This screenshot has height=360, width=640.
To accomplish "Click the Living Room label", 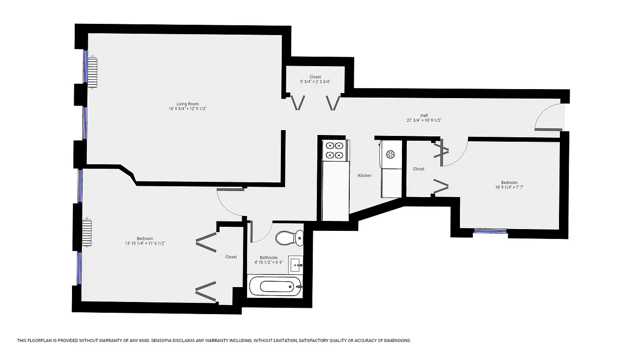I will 187,104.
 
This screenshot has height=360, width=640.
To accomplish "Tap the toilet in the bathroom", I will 289,238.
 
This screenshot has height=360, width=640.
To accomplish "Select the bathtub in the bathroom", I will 275,286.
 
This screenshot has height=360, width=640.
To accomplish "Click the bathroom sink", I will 296,264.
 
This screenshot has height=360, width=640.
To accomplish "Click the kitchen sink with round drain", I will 391,154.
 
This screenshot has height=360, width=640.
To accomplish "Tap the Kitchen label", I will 365,175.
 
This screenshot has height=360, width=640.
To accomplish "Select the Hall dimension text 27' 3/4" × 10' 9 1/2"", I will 424,121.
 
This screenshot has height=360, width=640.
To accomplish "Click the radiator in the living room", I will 92,72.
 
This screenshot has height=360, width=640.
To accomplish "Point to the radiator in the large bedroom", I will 87,233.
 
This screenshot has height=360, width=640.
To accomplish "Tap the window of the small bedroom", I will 490,231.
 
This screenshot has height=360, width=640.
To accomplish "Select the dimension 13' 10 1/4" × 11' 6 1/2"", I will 145,243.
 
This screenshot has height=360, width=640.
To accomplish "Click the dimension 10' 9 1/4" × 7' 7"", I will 509,187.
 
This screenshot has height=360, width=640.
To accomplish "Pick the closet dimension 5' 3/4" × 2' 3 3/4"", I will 315,81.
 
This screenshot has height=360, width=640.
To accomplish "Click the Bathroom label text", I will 268,258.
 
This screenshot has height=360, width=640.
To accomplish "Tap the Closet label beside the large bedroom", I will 231,257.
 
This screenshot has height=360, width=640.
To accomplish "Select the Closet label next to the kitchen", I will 419,169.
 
